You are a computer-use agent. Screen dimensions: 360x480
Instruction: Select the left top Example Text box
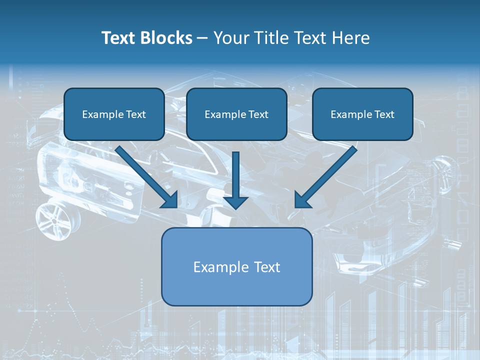click(x=114, y=114)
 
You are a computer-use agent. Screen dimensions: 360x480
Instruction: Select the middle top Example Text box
click(x=236, y=114)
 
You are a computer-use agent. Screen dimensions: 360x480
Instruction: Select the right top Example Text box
click(x=362, y=114)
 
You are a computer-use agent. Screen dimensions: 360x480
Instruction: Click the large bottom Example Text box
click(x=236, y=266)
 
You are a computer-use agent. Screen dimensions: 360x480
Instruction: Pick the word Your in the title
click(x=231, y=38)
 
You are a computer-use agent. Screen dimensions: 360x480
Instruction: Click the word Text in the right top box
click(x=384, y=114)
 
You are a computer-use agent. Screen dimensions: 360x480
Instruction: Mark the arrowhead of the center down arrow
click(x=236, y=201)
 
